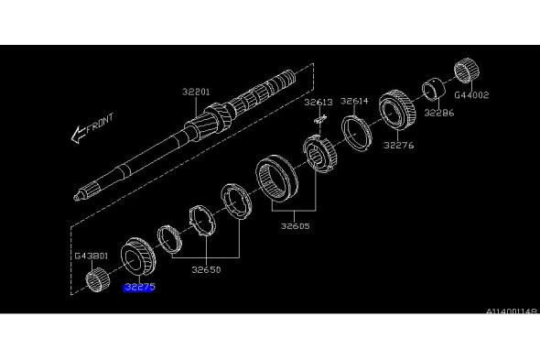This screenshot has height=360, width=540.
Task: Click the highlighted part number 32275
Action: coord(139,287)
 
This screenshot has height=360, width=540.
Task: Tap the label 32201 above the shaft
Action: coord(196,92)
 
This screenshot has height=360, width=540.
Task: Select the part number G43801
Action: coord(92,256)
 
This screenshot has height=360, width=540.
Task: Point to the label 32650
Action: coord(206,269)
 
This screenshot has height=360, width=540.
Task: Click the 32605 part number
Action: coord(295,226)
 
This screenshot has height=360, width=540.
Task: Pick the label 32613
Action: coord(319,102)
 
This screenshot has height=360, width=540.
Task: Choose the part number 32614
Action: coord(354,101)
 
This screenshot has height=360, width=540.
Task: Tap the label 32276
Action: coord(399,145)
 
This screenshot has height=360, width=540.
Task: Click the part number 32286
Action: coord(439,113)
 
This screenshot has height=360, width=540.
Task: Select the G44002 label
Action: coord(471,95)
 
